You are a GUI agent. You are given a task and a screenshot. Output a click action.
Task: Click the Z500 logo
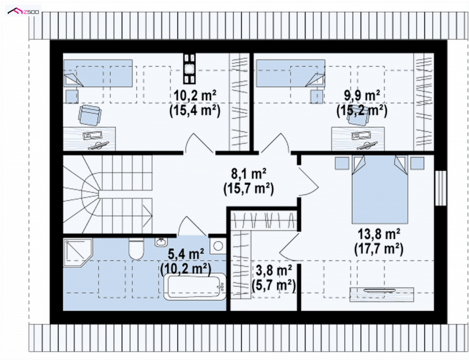point(23,11)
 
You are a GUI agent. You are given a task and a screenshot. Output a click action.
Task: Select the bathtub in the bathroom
point(195,287)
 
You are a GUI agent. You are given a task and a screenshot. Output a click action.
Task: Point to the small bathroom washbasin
point(161,242)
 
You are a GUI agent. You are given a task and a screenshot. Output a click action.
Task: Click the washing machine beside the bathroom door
point(218,246)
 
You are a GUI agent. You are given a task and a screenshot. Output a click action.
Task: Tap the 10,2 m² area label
point(195,96)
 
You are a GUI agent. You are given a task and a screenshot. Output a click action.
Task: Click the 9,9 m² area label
point(362,96)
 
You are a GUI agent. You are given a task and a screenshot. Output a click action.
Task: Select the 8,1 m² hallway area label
point(249,174)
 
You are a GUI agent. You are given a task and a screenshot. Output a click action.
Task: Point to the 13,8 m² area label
point(379,234)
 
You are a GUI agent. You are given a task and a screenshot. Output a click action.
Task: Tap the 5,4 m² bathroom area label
point(186,254)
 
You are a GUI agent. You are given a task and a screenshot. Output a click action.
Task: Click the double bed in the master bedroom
point(379,189)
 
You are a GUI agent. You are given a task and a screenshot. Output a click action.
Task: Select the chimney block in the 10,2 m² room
point(189,69)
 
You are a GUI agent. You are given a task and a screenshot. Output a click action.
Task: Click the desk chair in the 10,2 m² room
point(90,114)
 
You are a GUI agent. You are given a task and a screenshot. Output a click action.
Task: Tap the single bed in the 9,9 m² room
point(290,73)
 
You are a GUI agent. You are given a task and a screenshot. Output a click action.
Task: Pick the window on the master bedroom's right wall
point(441,188)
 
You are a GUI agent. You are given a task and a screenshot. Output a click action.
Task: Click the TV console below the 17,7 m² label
point(382,294)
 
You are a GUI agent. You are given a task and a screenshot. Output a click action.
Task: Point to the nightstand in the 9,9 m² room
point(317,96)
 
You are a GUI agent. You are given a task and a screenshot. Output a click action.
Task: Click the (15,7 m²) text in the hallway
point(249,189)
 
